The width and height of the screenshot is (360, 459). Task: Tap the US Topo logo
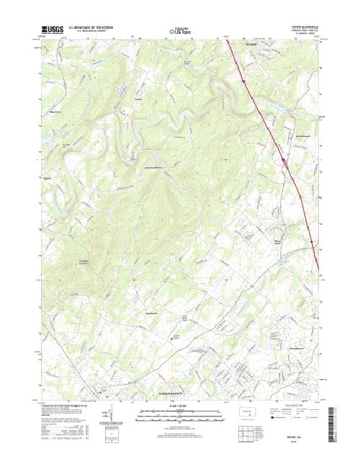point(180,32)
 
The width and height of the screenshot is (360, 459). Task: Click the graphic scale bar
point(180,414)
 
